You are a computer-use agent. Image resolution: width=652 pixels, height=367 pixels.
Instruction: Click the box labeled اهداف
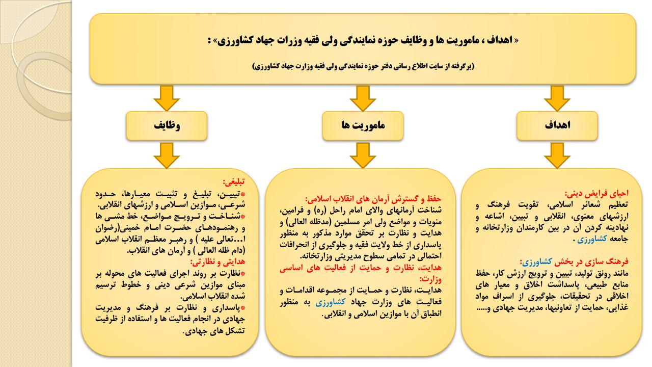[x=557, y=125]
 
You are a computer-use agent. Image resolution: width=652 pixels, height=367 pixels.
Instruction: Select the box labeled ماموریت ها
[x=363, y=125]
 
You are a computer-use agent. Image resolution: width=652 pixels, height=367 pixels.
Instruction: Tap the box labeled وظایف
[x=167, y=125]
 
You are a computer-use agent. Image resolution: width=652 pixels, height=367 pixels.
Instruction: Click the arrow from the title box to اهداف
[x=557, y=98]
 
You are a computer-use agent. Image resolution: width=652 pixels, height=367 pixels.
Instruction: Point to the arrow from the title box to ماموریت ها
[x=363, y=98]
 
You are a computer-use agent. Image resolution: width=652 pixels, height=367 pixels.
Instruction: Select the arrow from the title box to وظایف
[x=167, y=98]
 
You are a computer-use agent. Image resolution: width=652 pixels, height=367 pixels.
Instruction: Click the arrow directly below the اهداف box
[x=557, y=155]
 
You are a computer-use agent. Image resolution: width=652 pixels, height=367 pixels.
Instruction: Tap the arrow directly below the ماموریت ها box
[x=363, y=155]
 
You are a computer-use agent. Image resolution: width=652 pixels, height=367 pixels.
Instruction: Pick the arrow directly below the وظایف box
[x=167, y=155]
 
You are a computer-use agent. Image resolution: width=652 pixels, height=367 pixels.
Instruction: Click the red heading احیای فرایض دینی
[x=596, y=193]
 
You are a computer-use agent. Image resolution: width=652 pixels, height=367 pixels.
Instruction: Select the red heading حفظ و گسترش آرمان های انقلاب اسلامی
[x=373, y=199]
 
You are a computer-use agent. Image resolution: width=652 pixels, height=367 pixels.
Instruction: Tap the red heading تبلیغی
[x=234, y=182]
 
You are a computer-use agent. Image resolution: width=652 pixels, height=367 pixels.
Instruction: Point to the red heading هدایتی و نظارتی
[x=218, y=262]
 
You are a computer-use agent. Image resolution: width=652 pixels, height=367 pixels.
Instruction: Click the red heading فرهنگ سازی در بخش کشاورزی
[x=575, y=262]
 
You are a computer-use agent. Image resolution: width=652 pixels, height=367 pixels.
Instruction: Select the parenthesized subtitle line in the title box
[x=363, y=66]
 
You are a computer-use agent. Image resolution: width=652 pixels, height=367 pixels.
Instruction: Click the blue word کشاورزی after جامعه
[x=592, y=239]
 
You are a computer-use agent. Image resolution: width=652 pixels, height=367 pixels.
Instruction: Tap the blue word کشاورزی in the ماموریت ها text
[x=331, y=302]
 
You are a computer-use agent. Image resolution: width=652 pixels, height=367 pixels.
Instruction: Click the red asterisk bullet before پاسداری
[x=243, y=307]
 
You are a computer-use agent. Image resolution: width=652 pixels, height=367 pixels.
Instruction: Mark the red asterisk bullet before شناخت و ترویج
[x=243, y=217]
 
